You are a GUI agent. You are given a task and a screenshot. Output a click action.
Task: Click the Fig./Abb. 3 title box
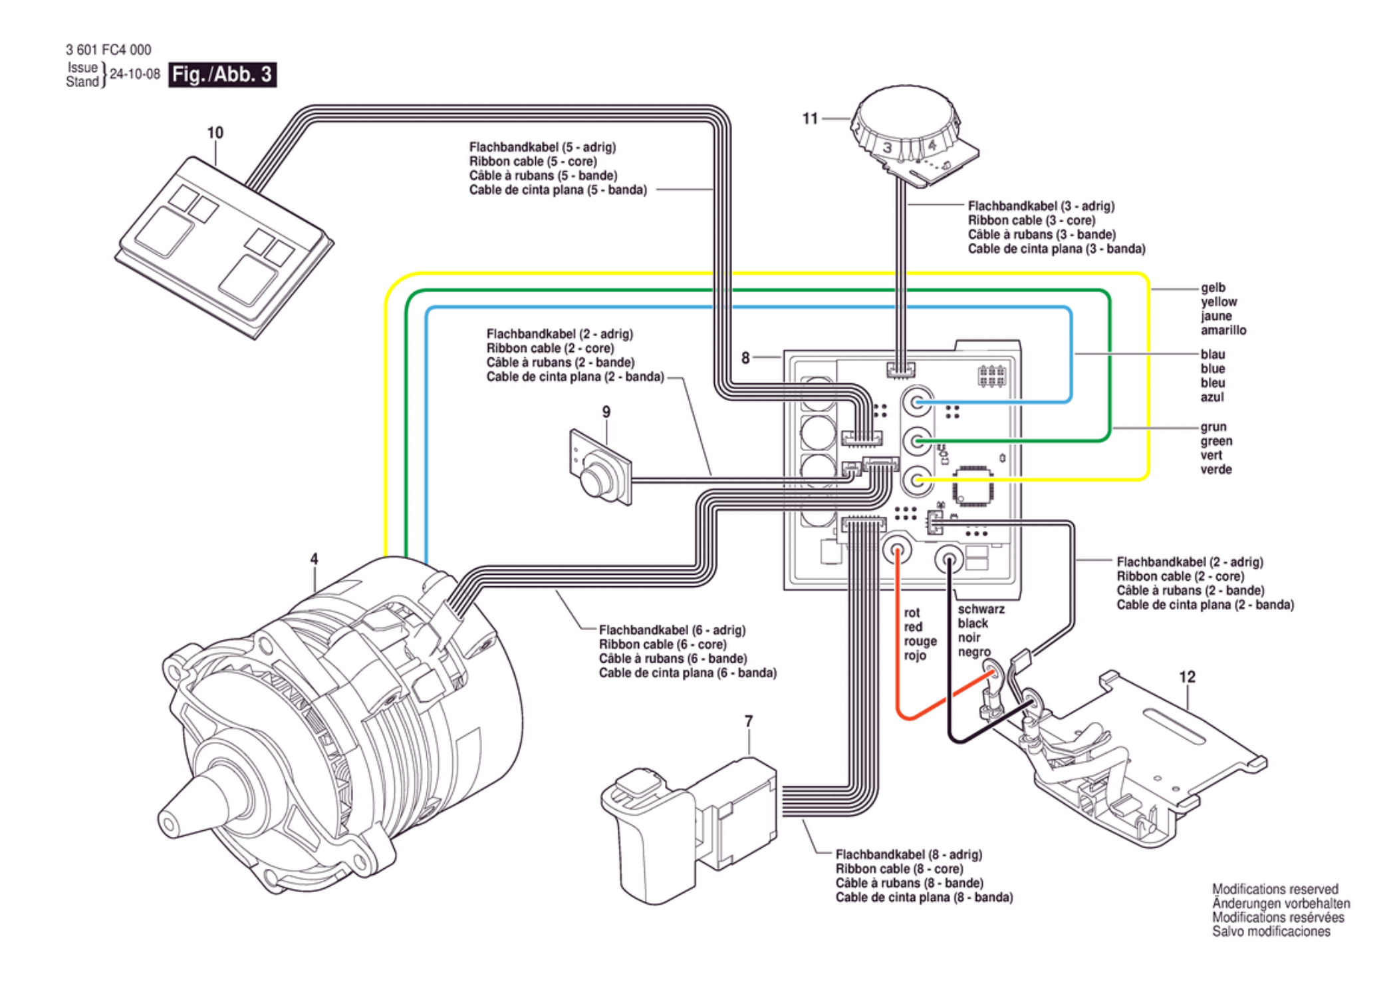[222, 74]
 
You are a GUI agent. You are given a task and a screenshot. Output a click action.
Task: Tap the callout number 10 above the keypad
[215, 133]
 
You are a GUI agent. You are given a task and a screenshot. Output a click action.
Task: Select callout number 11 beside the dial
[810, 118]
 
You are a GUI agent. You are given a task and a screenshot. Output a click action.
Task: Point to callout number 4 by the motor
[314, 560]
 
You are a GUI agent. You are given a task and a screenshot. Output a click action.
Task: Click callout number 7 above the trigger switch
[749, 721]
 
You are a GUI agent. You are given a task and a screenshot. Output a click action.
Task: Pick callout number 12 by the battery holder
[1187, 677]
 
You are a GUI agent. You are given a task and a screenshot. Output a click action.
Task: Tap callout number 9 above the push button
[606, 412]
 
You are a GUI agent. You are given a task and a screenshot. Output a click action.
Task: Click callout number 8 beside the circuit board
[745, 358]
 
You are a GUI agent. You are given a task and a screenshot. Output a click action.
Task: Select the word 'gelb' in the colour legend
[1213, 287]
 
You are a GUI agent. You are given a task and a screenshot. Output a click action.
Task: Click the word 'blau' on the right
[1213, 354]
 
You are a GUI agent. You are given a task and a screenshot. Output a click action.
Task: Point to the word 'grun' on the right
[1213, 427]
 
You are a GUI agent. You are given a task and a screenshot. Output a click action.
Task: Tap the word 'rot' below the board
[912, 613]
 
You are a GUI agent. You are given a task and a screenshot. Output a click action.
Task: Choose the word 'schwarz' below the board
[981, 609]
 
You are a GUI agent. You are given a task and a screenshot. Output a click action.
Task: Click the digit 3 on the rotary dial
[887, 148]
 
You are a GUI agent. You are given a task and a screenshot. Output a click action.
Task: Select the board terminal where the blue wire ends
[918, 402]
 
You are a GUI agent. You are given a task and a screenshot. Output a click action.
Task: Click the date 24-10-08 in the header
[135, 74]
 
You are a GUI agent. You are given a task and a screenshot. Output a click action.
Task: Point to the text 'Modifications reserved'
[1275, 889]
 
